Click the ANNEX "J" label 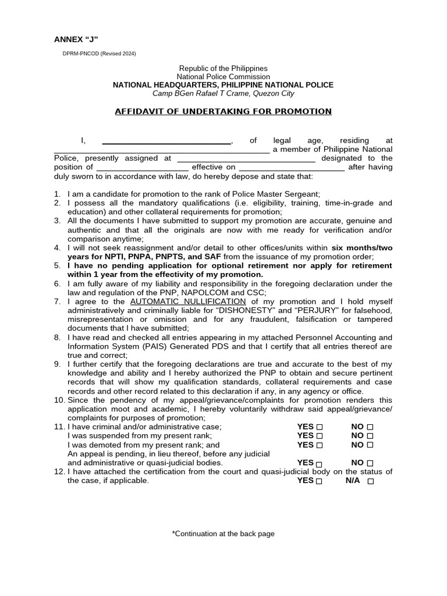(x=76, y=40)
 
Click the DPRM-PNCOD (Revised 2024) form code (x=99, y=54)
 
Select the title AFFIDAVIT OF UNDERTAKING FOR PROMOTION (x=223, y=111)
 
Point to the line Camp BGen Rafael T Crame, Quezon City (x=223, y=94)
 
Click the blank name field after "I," (x=166, y=141)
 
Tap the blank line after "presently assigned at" (x=246, y=158)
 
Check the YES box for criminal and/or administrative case (x=319, y=427)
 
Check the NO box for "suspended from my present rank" (x=370, y=436)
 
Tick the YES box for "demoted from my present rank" (x=319, y=445)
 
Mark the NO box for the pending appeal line (x=370, y=463)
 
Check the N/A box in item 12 (x=371, y=481)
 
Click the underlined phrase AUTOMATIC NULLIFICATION (x=188, y=301)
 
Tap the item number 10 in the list (x=59, y=400)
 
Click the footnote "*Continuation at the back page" (x=223, y=534)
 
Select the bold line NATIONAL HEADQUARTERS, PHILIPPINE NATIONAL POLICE (x=223, y=85)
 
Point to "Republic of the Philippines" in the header (x=223, y=69)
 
